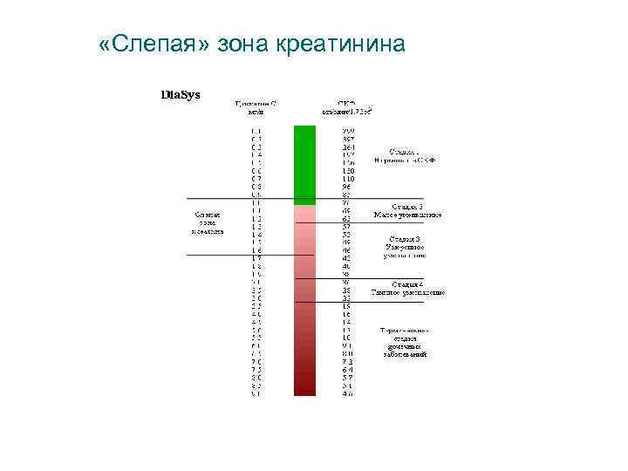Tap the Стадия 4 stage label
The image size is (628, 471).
(x=408, y=289)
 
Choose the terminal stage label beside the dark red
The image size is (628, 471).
(x=405, y=342)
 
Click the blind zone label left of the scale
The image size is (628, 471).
(x=208, y=222)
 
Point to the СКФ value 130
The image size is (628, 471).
(x=348, y=171)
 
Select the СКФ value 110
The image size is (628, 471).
(x=348, y=179)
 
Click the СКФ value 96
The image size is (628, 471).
(x=347, y=187)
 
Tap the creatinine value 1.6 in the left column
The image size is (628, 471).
(x=256, y=250)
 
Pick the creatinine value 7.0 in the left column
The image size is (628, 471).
(x=256, y=361)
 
